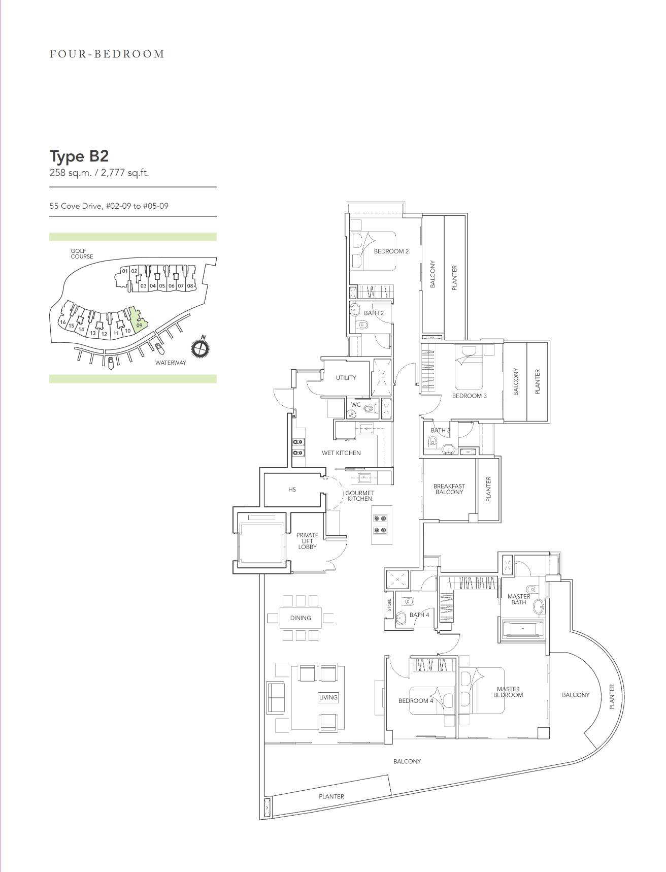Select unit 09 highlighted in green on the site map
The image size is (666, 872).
(138, 320)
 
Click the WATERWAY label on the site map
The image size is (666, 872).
(171, 363)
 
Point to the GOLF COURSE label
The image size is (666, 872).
(82, 253)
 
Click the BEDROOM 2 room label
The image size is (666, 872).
(391, 251)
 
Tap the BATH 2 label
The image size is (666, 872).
(374, 313)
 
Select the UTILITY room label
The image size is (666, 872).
(346, 378)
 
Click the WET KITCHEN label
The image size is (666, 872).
(341, 453)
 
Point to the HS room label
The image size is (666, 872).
(292, 490)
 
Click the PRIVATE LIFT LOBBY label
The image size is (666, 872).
(307, 541)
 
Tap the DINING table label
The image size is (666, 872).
(301, 618)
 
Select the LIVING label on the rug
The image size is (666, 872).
(328, 697)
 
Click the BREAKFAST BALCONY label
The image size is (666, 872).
(449, 489)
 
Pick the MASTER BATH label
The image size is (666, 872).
(519, 599)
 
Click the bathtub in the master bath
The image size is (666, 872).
(523, 629)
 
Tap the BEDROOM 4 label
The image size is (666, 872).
(416, 701)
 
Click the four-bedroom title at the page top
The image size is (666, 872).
(107, 54)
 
